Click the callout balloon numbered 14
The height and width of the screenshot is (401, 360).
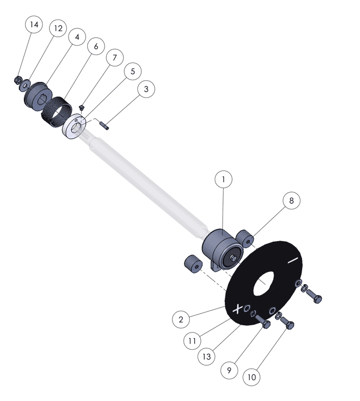point(34,25)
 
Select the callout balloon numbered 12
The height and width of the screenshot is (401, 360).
point(58,28)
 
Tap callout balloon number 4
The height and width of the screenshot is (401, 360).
point(77,37)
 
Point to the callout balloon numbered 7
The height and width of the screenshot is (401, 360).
point(115,57)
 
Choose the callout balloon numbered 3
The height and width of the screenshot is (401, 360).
point(146,89)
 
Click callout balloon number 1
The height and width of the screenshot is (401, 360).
point(224,179)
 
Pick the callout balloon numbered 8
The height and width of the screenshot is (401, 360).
point(292,200)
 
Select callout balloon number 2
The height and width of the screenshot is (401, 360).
point(181,319)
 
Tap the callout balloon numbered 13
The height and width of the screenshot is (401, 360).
point(206,356)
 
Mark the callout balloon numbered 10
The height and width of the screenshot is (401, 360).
point(251,377)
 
